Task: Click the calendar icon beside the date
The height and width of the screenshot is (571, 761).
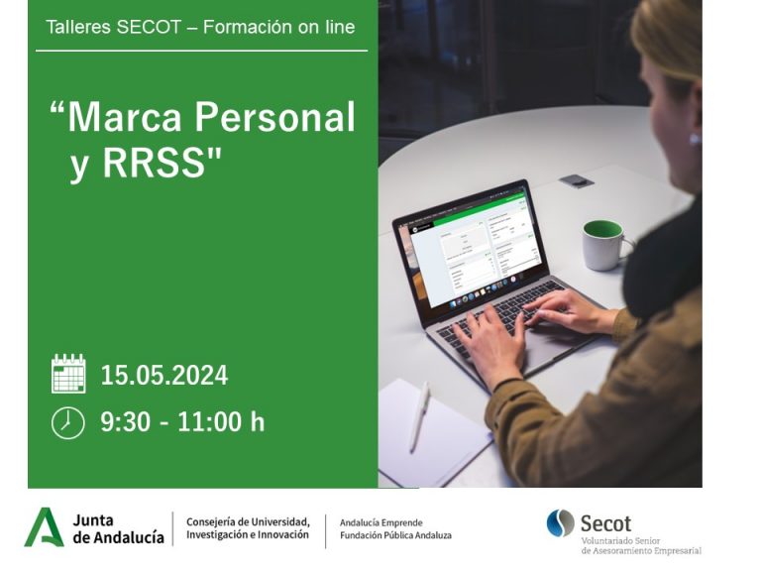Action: (x=68, y=374)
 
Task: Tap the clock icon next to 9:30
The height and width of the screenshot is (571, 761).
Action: (x=68, y=423)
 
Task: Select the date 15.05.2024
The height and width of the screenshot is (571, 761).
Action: (x=164, y=376)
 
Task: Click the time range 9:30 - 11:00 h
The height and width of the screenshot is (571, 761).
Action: (x=182, y=421)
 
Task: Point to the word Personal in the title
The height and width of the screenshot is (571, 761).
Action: (x=274, y=117)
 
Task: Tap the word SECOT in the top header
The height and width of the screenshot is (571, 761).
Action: (x=149, y=27)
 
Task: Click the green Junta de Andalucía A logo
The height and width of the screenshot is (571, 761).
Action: (x=45, y=527)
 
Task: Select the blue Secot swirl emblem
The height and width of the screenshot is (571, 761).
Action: (x=561, y=523)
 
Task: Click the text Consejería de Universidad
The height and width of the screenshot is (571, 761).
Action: (x=248, y=522)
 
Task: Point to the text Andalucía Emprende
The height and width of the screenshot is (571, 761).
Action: (x=380, y=523)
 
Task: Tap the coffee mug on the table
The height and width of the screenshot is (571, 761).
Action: (x=605, y=245)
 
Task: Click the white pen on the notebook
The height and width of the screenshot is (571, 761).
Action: (x=420, y=416)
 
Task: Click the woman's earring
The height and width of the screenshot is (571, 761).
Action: (x=695, y=140)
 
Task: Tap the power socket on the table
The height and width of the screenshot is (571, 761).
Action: (x=576, y=181)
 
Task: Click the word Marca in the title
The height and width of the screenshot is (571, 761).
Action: (x=124, y=117)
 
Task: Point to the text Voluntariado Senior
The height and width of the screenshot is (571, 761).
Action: (x=620, y=541)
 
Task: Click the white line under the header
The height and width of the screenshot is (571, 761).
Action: (x=201, y=50)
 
